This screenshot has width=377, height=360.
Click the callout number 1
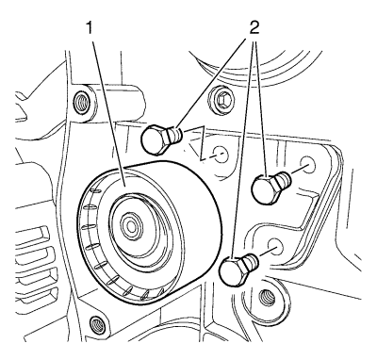(90, 29)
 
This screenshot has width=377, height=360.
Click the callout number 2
(254, 29)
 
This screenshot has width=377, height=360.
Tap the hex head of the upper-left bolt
(154, 139)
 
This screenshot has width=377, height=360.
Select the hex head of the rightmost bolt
(266, 189)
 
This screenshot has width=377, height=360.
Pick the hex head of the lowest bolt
(233, 270)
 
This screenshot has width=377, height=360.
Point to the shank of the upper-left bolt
(174, 135)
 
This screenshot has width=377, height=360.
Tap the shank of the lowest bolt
(251, 262)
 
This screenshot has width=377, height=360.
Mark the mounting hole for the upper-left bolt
(221, 155)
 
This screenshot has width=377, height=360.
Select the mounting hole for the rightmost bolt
(306, 164)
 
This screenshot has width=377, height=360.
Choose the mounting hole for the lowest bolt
(276, 246)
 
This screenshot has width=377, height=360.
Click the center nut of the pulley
(130, 225)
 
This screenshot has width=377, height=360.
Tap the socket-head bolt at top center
(222, 101)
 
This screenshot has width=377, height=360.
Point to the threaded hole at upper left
(81, 102)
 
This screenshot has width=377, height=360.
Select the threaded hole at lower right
(266, 297)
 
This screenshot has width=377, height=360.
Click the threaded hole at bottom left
(95, 322)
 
